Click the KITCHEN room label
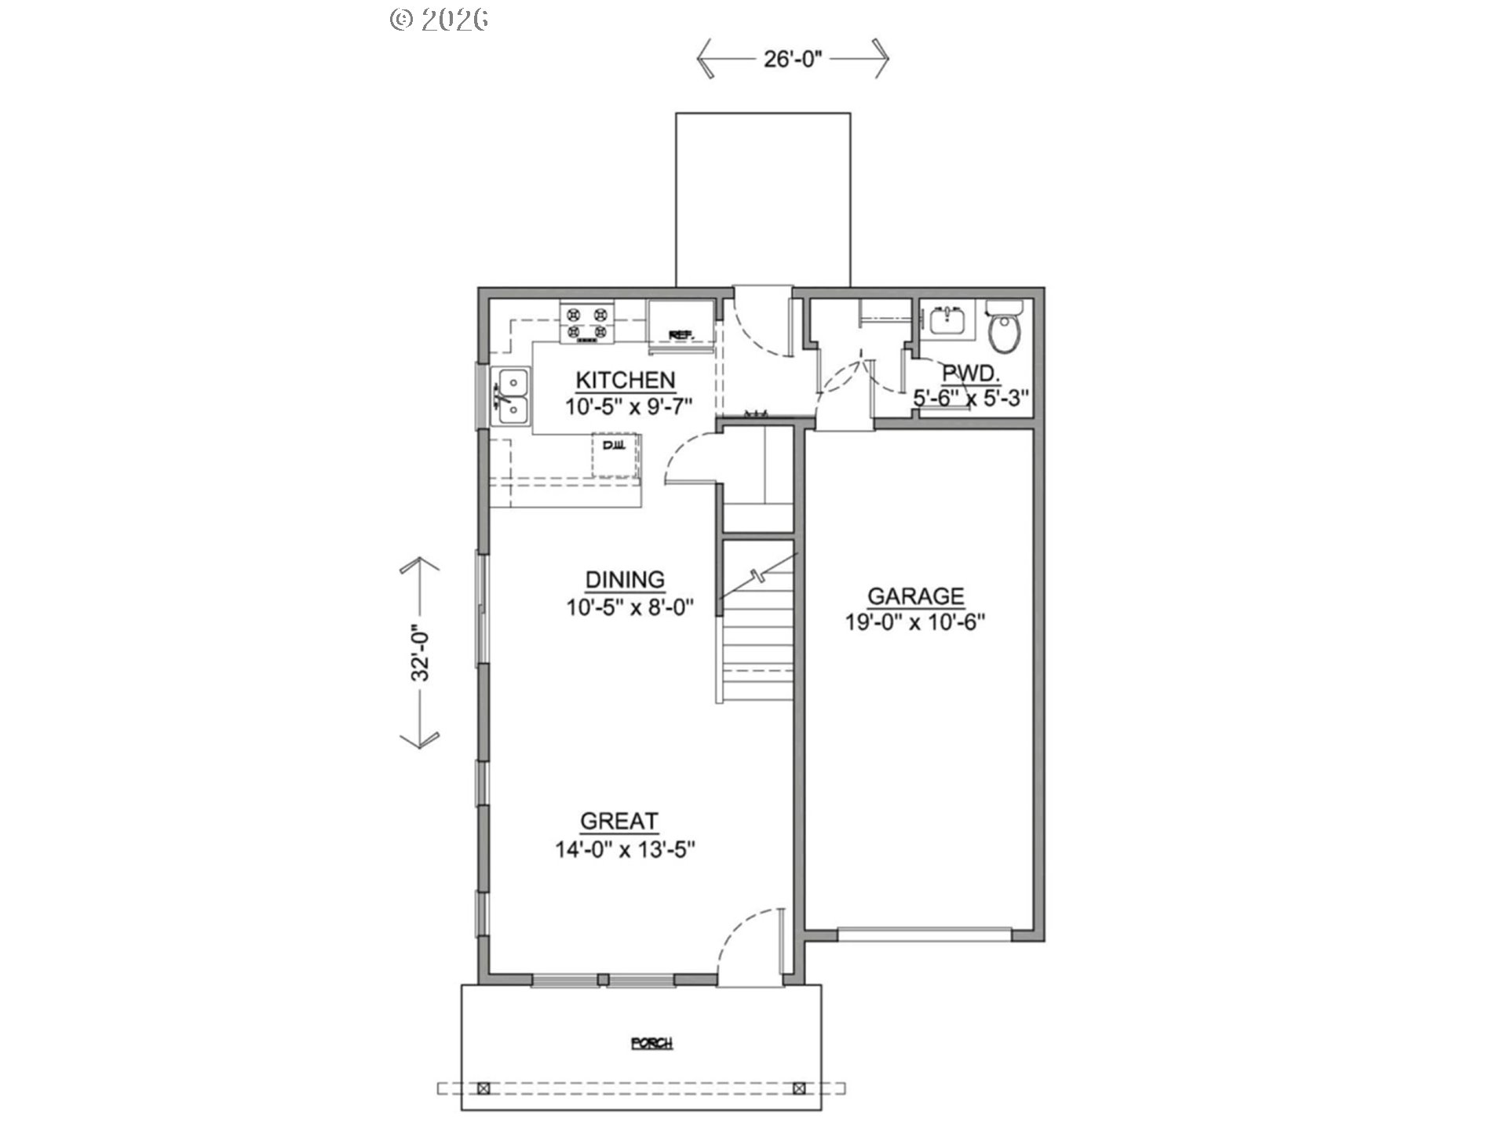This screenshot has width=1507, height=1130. tap(625, 380)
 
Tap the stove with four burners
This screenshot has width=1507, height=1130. tap(588, 324)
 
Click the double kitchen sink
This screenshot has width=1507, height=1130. tap(511, 396)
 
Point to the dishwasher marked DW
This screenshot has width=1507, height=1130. tap(615, 455)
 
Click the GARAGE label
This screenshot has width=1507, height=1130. tap(915, 596)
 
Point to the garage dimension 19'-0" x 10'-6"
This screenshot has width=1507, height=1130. tap(915, 622)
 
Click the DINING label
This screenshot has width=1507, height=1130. tap(625, 580)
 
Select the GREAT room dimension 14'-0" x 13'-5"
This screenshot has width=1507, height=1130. tap(626, 849)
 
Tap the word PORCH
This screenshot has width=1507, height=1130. tap(652, 1043)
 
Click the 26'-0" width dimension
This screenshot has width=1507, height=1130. tap(792, 59)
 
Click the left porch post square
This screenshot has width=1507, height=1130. tap(483, 1088)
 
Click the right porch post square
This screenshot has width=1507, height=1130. tap(799, 1088)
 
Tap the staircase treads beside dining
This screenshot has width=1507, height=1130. tap(757, 643)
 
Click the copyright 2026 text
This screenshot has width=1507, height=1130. tap(440, 19)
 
